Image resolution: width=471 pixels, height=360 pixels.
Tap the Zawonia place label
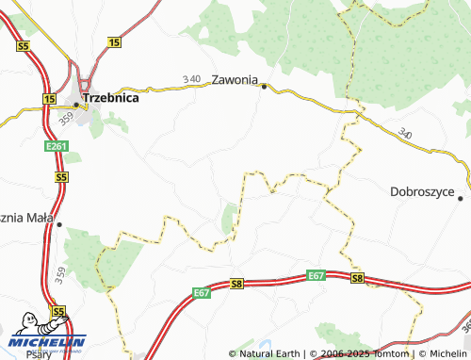(235, 80)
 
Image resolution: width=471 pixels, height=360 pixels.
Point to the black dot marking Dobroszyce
(461, 198)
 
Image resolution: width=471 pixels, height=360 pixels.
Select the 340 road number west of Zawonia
(192, 79)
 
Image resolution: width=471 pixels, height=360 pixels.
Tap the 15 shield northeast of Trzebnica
(115, 42)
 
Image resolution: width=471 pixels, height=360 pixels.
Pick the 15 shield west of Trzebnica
(49, 98)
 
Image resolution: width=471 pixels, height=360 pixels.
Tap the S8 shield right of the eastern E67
(357, 278)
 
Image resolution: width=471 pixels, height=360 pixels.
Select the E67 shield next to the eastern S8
(316, 275)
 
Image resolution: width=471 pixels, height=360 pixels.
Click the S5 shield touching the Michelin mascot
(58, 310)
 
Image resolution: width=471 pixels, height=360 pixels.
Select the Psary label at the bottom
(40, 355)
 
